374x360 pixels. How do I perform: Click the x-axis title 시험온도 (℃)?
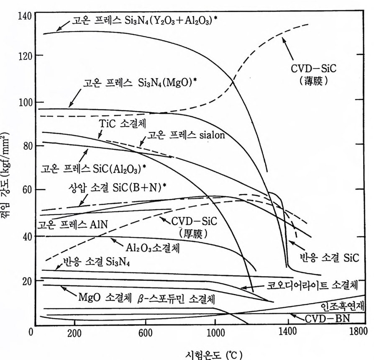[x=214, y=353]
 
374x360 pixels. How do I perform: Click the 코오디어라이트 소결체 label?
[x=312, y=286]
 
